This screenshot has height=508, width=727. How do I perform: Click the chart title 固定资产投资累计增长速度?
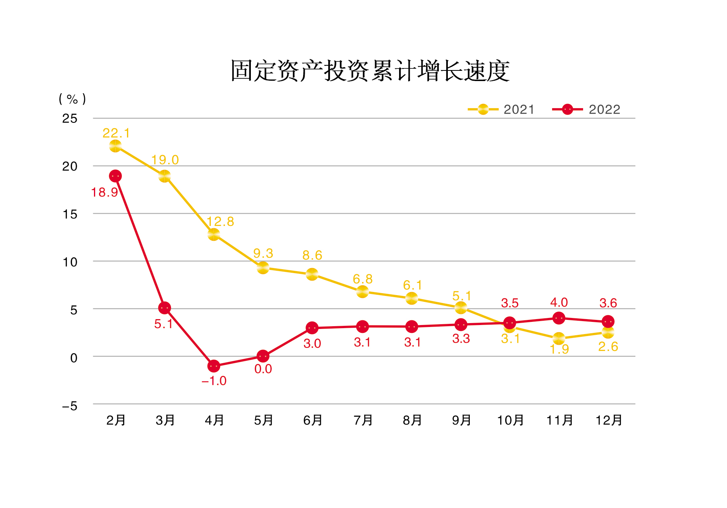coord(370,71)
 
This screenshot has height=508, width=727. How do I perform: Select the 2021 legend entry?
coord(501,109)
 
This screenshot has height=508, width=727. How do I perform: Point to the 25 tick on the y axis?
coord(70,118)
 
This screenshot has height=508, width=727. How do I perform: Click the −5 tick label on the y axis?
coord(70,406)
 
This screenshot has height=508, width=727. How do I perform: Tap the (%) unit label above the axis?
coord(72,99)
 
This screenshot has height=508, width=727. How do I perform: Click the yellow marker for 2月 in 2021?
coord(115,146)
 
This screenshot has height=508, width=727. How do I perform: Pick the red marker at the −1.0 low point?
coord(213,366)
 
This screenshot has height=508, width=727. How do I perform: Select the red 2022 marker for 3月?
coord(165,308)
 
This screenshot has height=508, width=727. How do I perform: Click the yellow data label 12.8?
coord(220,222)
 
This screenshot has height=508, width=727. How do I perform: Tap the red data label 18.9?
coord(105,192)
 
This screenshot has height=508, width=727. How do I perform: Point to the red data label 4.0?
coord(559,302)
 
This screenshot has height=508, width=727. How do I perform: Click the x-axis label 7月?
coord(363,420)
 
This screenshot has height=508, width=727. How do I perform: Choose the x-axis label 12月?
coord(608,420)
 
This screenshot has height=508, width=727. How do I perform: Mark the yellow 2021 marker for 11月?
coord(559,338)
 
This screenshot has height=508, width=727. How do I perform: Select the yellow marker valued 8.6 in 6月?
coord(312,274)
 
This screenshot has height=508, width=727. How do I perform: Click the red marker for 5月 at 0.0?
coord(263,356)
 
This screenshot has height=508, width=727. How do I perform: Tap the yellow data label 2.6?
coord(608,347)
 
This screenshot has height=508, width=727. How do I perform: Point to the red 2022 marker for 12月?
coord(608,321)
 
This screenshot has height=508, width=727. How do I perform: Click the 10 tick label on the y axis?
coord(70,262)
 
